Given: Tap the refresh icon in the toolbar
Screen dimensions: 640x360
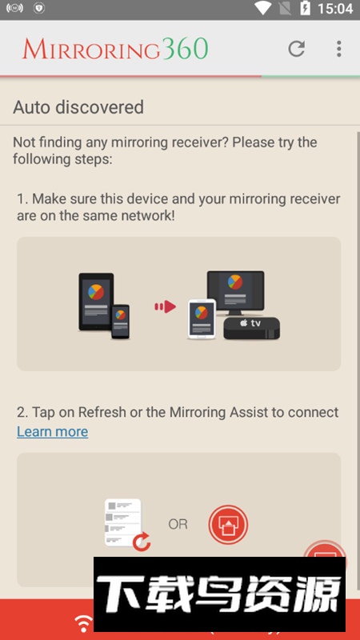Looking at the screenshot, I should click(x=297, y=49).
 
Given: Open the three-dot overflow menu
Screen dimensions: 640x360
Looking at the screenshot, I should click(x=338, y=49).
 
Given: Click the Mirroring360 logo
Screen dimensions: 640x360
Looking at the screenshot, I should click(x=115, y=49).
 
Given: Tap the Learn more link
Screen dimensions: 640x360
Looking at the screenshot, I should click(x=52, y=432).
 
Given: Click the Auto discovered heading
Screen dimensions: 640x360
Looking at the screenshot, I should click(x=78, y=107).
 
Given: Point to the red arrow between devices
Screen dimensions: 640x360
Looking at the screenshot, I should click(x=165, y=306).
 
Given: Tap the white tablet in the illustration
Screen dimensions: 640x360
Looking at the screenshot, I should click(x=202, y=319).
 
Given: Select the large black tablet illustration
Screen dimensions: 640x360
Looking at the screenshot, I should click(x=95, y=301).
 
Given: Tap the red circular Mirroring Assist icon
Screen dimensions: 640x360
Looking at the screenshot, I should click(x=228, y=525).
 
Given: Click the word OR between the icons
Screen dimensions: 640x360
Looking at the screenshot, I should click(x=178, y=525).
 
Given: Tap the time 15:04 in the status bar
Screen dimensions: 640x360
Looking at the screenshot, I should click(x=335, y=9).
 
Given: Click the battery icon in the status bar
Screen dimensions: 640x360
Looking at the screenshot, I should click(x=305, y=9).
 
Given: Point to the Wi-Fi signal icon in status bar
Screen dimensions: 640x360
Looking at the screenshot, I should click(x=262, y=8).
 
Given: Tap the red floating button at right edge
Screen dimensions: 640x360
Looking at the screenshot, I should click(x=326, y=558).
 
